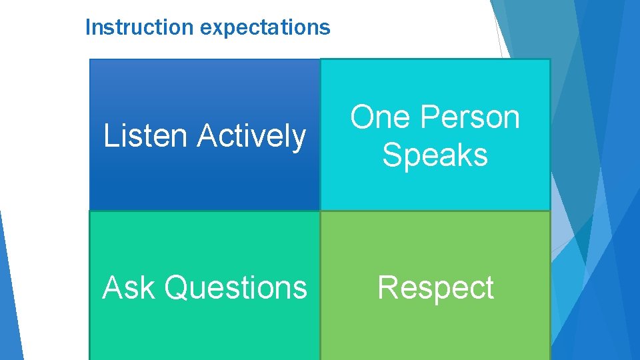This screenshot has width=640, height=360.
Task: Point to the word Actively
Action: [x=251, y=136]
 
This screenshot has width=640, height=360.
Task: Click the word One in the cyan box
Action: [x=379, y=117]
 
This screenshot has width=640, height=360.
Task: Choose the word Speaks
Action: [x=435, y=155]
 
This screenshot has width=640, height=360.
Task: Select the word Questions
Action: [x=235, y=287]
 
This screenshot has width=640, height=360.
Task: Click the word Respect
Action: [x=435, y=288]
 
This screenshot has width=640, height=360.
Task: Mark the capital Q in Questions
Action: [x=176, y=287]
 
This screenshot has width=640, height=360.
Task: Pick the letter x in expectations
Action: [x=215, y=28]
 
